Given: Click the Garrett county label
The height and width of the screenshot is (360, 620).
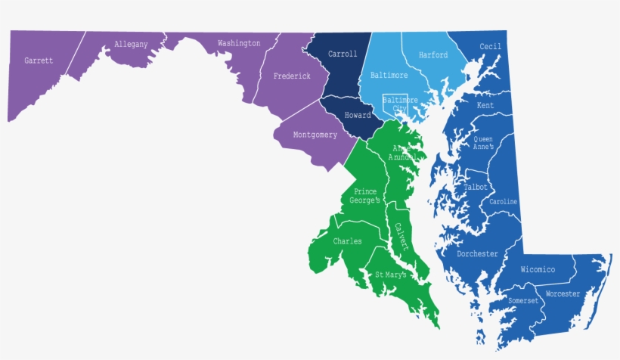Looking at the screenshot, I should pos(39,61).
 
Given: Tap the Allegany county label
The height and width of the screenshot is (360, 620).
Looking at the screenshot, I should pos(131,45).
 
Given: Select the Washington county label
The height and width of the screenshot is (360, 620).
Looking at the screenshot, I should pos(239,43).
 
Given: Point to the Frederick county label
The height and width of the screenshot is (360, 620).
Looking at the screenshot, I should pos(292,76).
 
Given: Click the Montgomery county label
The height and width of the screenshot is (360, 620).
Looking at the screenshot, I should pos(315,135).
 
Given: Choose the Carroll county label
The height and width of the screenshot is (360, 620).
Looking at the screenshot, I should pos(343,54).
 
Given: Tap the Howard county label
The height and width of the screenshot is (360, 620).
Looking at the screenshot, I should pos(358,116).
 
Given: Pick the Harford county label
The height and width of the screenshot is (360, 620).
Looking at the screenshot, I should pos(433,55).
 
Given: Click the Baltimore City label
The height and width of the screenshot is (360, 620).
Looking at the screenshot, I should pos(400,104).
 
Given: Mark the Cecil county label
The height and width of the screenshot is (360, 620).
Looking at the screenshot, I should pos(491,46).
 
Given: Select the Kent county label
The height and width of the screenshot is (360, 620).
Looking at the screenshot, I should pos(485,106).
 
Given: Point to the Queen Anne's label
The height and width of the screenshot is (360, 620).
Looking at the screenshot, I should pos(483,143).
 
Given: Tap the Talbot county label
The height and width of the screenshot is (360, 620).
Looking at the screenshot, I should pos(476,187).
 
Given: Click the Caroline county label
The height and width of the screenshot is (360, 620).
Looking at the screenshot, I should pos(504,202).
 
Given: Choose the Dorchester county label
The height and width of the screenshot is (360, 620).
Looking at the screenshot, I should pos(477,254).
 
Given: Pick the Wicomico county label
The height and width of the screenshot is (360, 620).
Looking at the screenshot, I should pos(538,270).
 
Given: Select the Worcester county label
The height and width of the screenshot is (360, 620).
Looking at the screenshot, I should pos(563,293).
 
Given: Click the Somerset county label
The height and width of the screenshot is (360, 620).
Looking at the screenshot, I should pos(523,301).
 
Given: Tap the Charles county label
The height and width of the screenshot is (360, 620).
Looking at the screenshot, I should pos(347,242).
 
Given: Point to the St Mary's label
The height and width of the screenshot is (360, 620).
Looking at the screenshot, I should pos(391,275).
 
